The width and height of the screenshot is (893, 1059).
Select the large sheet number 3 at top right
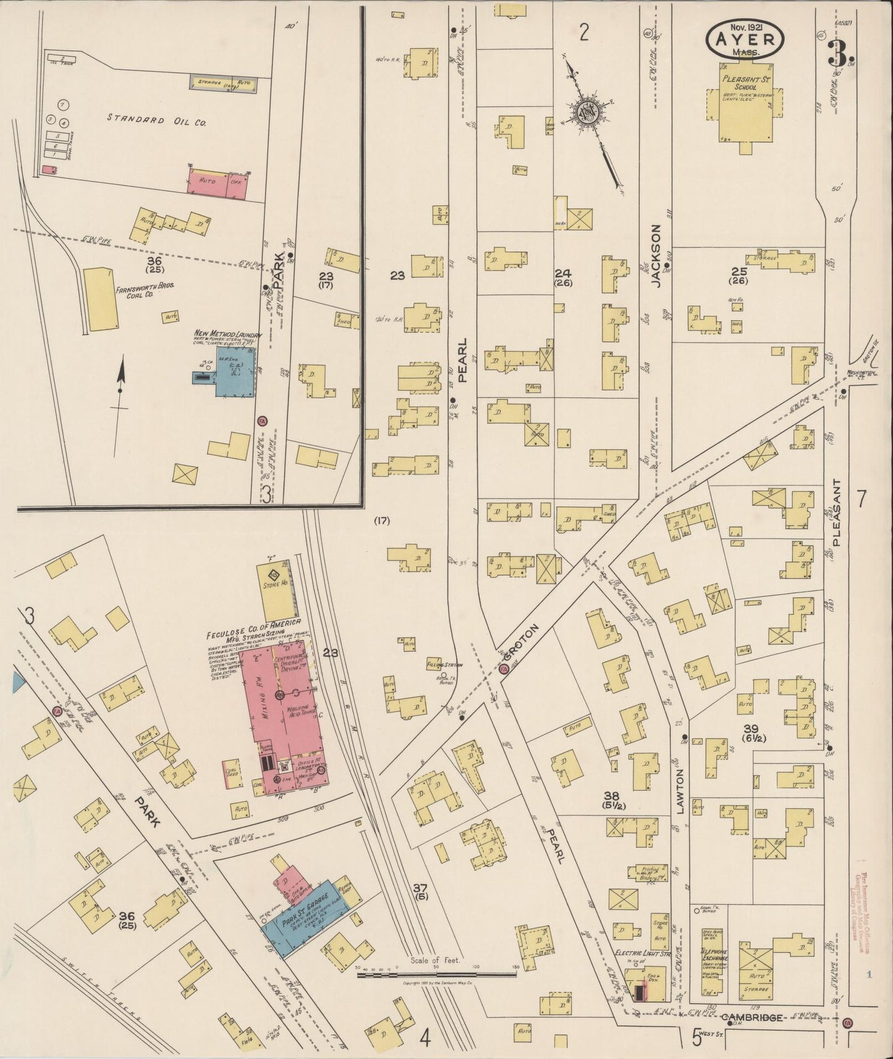(838, 55)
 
